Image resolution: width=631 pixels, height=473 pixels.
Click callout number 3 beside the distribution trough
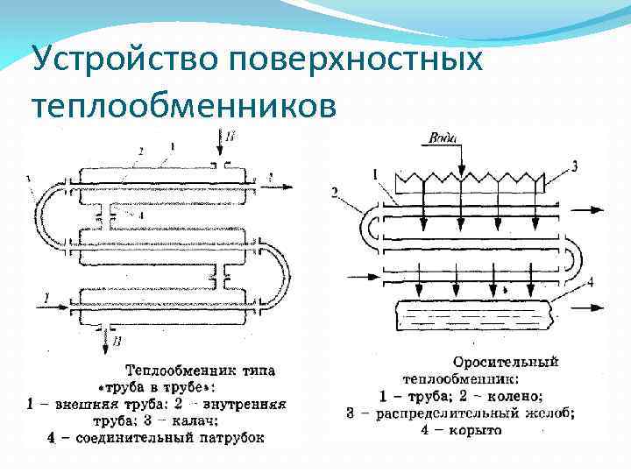click(573, 165)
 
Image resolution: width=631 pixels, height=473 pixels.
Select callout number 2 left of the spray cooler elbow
click(335, 192)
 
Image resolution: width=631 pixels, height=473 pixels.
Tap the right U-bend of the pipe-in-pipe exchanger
click(278, 272)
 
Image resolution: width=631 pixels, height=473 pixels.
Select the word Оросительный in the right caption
click(506, 362)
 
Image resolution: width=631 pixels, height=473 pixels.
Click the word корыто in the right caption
click(479, 430)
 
